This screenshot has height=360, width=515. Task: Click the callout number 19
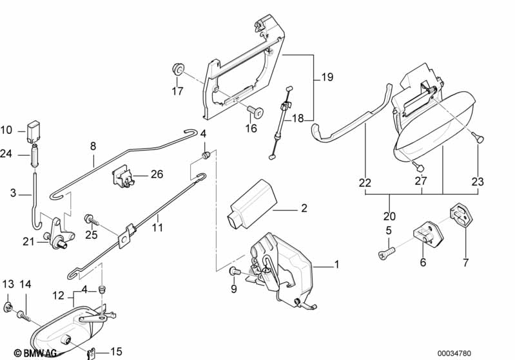click(327, 78)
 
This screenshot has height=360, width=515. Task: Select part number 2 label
click(304, 209)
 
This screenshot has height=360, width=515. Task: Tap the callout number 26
click(157, 174)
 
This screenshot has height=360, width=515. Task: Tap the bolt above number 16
click(255, 113)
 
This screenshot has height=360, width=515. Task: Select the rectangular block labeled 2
click(251, 202)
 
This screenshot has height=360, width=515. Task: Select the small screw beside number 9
click(234, 272)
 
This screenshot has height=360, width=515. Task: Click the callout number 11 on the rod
click(157, 227)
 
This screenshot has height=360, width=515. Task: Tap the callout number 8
click(93, 146)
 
